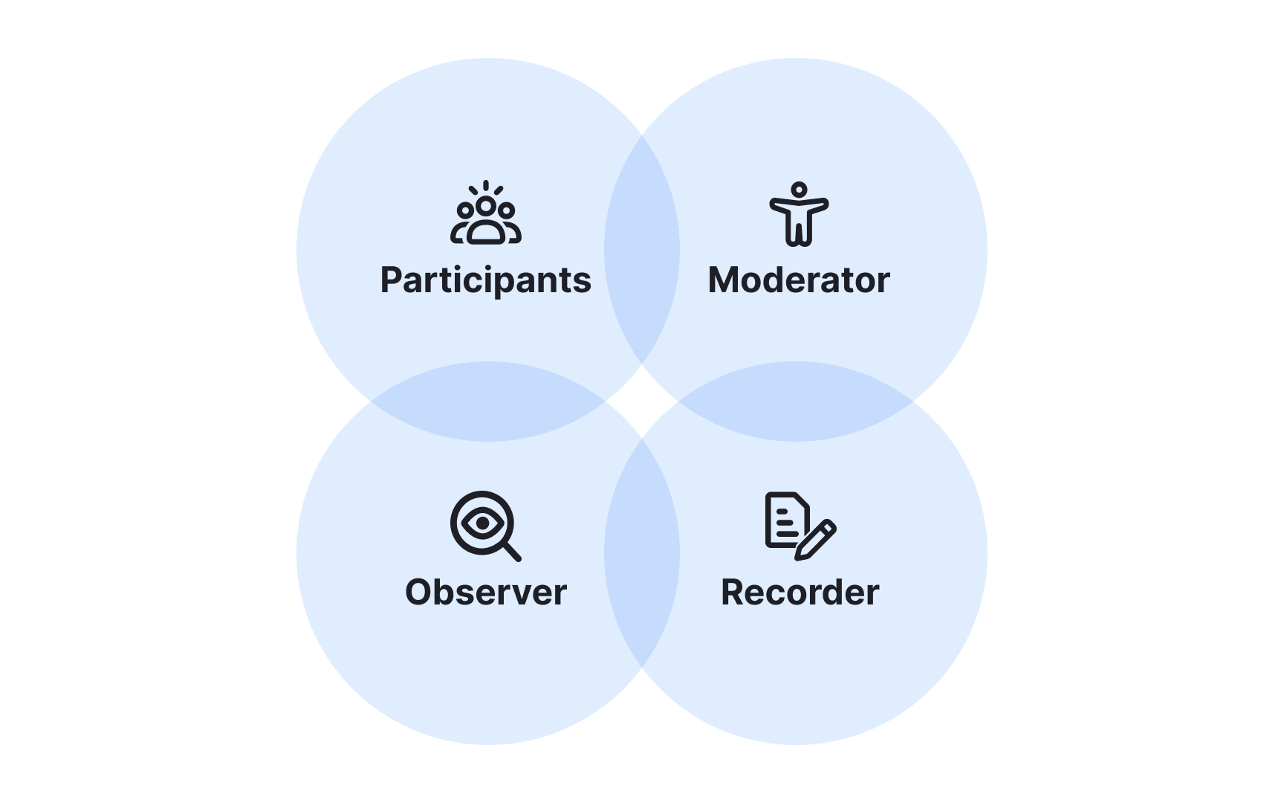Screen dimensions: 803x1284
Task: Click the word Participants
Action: coord(485,281)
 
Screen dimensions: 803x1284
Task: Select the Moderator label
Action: coord(799,281)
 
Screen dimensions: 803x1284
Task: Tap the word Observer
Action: coord(486,593)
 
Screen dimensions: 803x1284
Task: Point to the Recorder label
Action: coord(800,593)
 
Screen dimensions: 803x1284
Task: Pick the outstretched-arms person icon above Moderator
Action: coord(799,216)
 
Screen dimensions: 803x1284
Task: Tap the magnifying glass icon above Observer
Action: coord(484,526)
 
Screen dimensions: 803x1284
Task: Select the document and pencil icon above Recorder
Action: coord(800,526)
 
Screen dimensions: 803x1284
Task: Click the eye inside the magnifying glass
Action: coord(482,523)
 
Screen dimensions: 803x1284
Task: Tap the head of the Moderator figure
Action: coord(799,190)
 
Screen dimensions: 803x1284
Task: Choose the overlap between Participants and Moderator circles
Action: coord(642,250)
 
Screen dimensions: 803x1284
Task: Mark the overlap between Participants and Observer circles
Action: coord(488,401)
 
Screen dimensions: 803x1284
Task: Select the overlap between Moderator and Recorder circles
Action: coord(796,401)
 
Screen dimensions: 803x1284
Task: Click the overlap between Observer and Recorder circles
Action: coord(642,553)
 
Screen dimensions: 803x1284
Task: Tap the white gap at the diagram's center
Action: coord(642,401)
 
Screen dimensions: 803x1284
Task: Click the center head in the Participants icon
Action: coord(486,205)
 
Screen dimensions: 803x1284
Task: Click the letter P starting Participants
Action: coord(391,280)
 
